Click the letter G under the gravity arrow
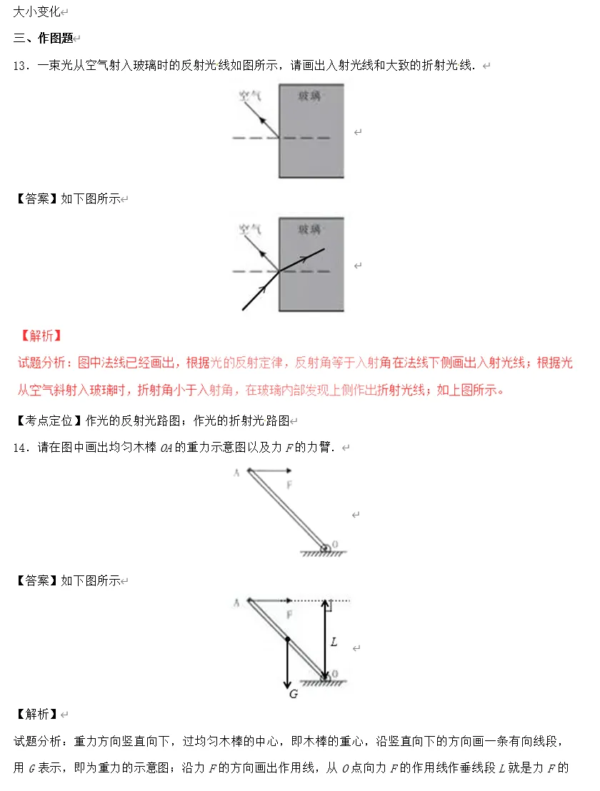pos(293,693)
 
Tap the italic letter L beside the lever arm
pos(334,642)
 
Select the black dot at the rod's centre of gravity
pos(286,640)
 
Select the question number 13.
pos(20,65)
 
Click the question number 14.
pos(20,447)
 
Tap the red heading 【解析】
pos(40,335)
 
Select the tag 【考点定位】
pos(47,420)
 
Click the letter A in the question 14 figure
pos(236,472)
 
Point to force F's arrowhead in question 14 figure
pos(288,471)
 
